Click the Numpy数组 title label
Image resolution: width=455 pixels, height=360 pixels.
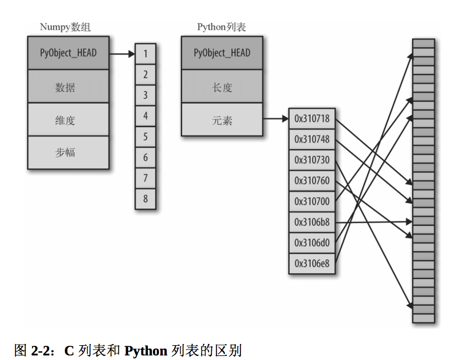[x=65, y=27]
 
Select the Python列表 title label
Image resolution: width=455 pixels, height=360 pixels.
[x=222, y=27]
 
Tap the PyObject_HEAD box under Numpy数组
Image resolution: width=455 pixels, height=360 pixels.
[x=68, y=53]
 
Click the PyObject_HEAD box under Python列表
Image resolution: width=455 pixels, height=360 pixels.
[x=222, y=53]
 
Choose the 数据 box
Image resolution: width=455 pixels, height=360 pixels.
[x=68, y=86]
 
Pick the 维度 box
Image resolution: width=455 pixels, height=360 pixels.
[x=68, y=119]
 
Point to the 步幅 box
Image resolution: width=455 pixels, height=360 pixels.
[x=68, y=152]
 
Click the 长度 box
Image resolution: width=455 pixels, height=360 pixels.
[x=222, y=86]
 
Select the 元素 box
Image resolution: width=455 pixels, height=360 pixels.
[x=222, y=119]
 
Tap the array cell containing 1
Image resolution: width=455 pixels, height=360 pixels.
[x=146, y=54]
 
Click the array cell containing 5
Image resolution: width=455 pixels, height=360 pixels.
[x=146, y=136]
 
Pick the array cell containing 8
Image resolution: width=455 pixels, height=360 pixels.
[x=146, y=199]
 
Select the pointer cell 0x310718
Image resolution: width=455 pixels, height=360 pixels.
[x=312, y=119]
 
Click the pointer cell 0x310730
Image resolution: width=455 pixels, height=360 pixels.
[x=312, y=160]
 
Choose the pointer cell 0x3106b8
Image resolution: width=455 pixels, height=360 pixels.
[x=312, y=222]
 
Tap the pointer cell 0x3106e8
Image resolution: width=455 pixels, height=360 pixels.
[x=312, y=264]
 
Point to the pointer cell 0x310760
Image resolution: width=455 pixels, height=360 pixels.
[x=312, y=181]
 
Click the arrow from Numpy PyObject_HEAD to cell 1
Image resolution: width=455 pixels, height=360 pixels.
[x=122, y=54]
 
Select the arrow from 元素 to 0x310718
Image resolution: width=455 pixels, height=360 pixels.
[x=276, y=119]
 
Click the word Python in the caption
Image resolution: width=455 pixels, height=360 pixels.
[x=146, y=351]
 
